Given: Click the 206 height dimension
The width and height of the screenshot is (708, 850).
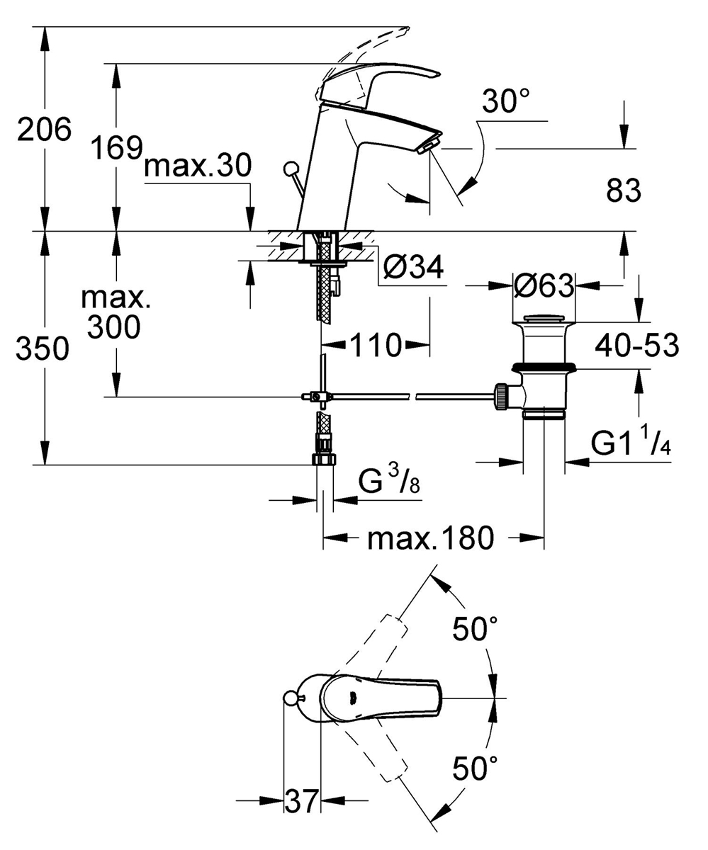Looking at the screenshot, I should click(x=45, y=130).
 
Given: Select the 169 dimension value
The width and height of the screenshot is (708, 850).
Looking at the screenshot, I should click(x=117, y=148).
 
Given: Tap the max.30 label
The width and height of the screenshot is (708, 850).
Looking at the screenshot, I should click(x=197, y=167).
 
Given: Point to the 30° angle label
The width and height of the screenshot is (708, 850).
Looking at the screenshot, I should click(x=506, y=103).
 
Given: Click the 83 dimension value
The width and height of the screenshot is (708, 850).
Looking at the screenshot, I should click(x=624, y=191).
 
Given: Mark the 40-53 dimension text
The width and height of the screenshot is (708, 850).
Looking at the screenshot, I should click(x=636, y=346).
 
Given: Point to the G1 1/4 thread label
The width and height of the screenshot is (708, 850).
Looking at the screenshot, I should click(x=631, y=444).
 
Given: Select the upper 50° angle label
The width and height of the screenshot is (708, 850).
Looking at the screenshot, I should click(x=474, y=628).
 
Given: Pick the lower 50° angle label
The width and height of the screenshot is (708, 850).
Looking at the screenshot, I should click(x=474, y=767).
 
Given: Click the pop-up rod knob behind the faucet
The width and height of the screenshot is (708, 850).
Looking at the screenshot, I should click(x=290, y=169).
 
